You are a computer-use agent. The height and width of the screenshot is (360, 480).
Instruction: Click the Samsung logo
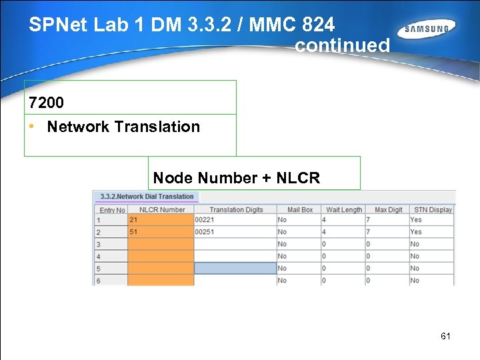click(427, 29)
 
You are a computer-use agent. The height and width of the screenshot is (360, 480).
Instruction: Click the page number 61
click(445, 336)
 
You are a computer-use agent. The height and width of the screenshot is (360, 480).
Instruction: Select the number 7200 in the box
click(47, 103)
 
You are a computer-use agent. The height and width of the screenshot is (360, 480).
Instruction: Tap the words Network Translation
click(123, 127)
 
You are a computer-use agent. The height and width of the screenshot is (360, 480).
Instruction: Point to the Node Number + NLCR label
click(237, 178)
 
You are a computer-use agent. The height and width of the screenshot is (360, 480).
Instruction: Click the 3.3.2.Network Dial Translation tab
click(147, 197)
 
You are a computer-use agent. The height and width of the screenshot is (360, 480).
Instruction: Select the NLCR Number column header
click(162, 209)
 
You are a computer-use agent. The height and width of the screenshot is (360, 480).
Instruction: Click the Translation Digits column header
click(236, 209)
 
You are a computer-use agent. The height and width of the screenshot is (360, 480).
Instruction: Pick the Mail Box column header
click(299, 209)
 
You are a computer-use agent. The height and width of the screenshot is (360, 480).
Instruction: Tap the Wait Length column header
click(343, 209)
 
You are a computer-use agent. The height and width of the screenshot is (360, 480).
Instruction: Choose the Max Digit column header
click(388, 209)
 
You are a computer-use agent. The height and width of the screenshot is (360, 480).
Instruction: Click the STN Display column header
click(432, 209)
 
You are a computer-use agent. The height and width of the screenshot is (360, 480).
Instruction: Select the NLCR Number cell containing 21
click(161, 220)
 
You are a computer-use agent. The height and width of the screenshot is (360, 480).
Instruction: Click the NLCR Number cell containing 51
click(161, 232)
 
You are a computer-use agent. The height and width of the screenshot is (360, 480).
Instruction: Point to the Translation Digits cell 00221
click(235, 220)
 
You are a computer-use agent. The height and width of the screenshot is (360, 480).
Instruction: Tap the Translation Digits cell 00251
click(235, 232)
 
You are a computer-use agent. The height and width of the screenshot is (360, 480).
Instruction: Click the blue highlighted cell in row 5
click(235, 268)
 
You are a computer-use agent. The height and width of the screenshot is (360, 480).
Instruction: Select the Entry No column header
click(112, 210)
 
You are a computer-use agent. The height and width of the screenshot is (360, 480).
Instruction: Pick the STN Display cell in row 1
click(431, 220)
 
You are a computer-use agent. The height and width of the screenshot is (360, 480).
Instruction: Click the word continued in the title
click(342, 46)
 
